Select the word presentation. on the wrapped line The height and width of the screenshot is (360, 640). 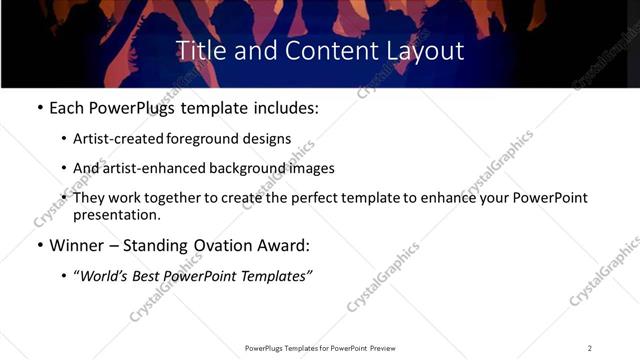pyautogui.click(x=117, y=214)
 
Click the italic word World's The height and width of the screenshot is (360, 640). pyautogui.click(x=105, y=275)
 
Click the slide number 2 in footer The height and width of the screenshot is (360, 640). pyautogui.click(x=590, y=348)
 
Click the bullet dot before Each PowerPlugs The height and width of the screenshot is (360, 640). pyautogui.click(x=39, y=107)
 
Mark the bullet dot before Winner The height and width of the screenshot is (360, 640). pyautogui.click(x=39, y=245)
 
